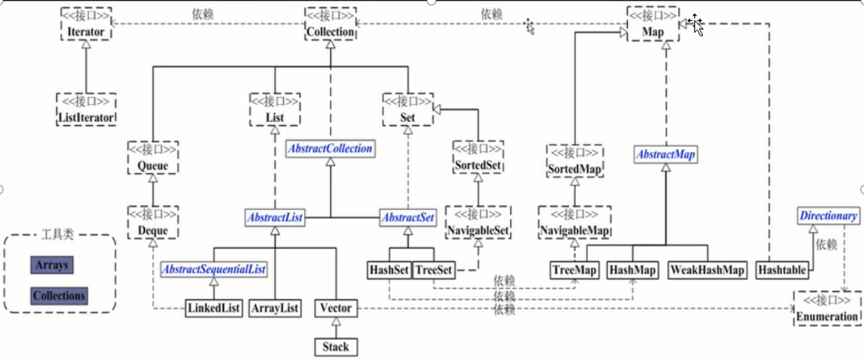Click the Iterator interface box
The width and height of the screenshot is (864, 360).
click(x=86, y=25)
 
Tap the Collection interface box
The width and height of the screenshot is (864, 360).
click(x=331, y=25)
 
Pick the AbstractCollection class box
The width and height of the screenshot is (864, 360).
click(x=329, y=148)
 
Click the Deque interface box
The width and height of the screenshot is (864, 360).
click(x=153, y=223)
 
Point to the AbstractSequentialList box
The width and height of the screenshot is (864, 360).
click(x=214, y=269)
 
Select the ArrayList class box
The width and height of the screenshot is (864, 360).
click(x=275, y=308)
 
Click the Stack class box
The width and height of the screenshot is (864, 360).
click(x=336, y=346)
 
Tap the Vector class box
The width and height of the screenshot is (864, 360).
click(x=336, y=308)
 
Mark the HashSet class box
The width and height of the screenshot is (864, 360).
click(x=389, y=270)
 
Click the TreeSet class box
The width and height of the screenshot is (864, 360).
click(x=434, y=270)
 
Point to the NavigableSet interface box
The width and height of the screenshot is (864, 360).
click(x=479, y=223)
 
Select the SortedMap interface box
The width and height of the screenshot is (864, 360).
click(x=575, y=162)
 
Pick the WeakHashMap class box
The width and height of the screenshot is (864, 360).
click(x=707, y=270)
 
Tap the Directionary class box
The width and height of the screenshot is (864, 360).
click(x=828, y=216)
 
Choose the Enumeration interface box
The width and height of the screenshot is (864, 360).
click(x=827, y=309)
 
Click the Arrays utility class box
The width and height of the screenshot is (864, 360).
click(x=52, y=266)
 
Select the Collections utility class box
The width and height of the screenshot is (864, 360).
click(x=59, y=296)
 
